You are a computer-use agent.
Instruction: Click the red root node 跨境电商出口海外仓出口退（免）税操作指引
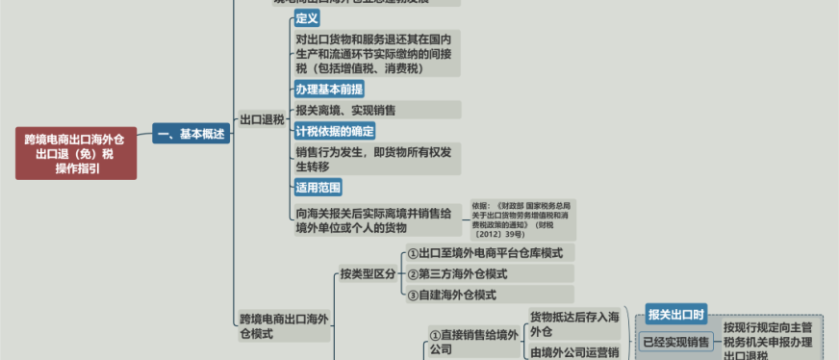click(76, 153)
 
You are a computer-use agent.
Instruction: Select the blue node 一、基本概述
click(191, 134)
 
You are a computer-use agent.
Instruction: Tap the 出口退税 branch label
click(261, 120)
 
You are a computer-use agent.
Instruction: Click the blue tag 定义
click(307, 18)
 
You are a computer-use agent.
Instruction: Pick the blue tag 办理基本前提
click(329, 90)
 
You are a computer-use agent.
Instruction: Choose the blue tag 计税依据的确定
click(335, 130)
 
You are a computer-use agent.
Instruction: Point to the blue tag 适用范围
click(318, 187)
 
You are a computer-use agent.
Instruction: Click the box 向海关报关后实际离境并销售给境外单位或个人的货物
click(376, 220)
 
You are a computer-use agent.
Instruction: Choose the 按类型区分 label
click(368, 274)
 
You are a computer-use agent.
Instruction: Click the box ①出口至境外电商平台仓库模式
click(489, 253)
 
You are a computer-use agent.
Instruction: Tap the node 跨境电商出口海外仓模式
click(285, 326)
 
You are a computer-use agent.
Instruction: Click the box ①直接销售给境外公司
click(474, 342)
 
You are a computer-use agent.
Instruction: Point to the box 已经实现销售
click(675, 342)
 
